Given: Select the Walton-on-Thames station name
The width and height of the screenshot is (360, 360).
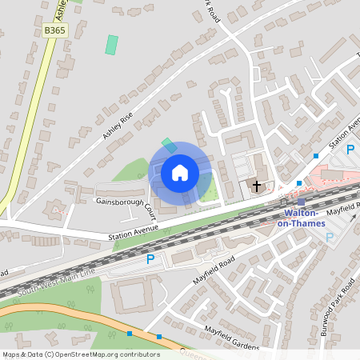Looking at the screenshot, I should [x=302, y=218].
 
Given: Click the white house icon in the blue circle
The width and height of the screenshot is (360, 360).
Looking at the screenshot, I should [x=180, y=172].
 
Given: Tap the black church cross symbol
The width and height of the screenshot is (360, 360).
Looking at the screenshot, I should [x=257, y=186].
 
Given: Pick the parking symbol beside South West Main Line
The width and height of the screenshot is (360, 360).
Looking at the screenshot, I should [x=150, y=258].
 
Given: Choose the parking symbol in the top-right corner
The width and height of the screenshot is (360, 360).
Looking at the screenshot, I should [x=350, y=149].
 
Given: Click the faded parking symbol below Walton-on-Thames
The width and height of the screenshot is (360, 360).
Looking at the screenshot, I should [x=330, y=237].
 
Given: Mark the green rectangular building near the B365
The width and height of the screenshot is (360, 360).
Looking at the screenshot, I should [x=111, y=44].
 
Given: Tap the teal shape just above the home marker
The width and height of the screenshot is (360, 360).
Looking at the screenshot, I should [x=169, y=145].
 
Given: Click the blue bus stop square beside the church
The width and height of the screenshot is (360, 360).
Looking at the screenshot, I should [x=299, y=183].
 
